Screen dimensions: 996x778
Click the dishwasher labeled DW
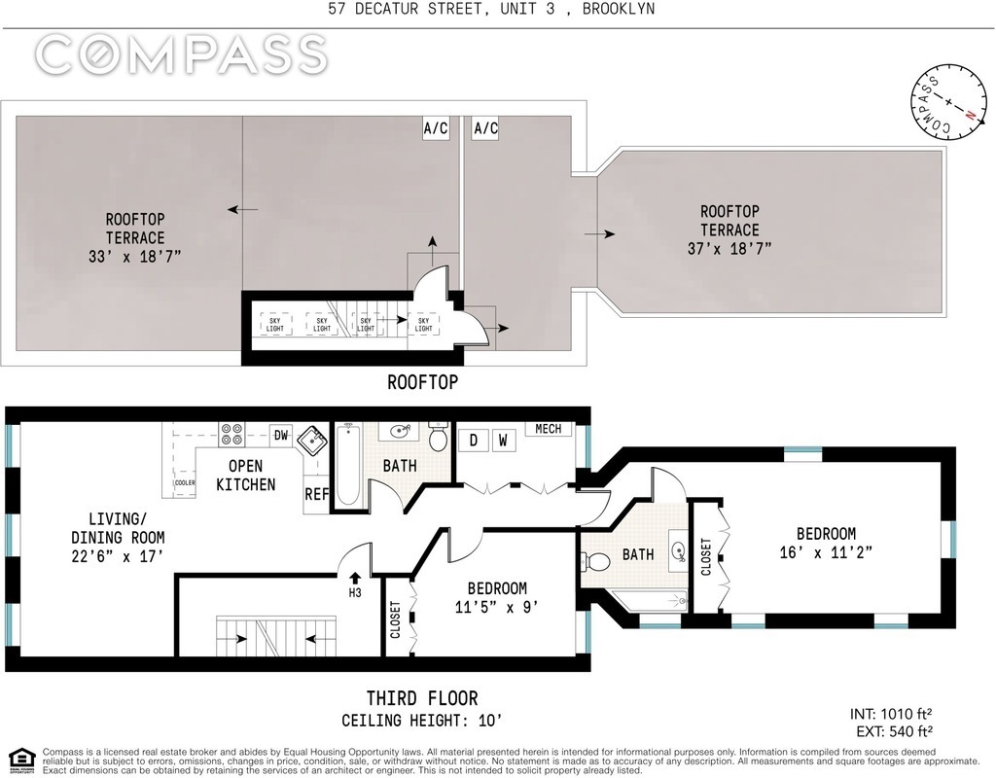(281, 435)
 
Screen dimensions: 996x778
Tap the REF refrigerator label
(316, 493)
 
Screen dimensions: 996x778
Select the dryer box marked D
(474, 441)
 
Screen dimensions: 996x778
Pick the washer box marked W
(503, 441)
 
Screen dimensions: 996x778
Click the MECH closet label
(549, 429)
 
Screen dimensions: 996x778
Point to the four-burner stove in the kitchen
(231, 434)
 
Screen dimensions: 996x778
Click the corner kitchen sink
(313, 440)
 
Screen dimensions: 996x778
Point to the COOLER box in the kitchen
(185, 482)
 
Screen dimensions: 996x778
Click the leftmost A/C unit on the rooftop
(436, 128)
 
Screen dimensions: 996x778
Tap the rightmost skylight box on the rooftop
(424, 325)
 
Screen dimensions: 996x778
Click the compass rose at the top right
(949, 102)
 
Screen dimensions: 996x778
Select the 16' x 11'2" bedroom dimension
(826, 552)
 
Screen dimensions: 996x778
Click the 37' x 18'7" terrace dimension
(729, 248)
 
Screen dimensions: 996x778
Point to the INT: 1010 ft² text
(891, 714)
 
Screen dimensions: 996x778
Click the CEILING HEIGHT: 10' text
(422, 721)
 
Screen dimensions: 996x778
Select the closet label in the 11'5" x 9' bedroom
(395, 619)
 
